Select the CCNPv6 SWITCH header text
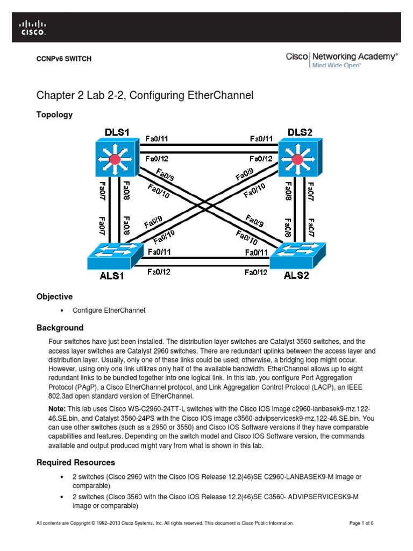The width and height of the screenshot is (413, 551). [63, 59]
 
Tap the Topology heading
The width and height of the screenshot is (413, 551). [54, 115]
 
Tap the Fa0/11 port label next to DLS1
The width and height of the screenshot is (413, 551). [157, 138]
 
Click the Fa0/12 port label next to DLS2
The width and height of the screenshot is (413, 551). [261, 159]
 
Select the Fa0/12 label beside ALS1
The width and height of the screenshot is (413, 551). [159, 272]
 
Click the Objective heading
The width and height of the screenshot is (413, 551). [54, 296]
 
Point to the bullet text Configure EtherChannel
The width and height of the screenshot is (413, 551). [113, 311]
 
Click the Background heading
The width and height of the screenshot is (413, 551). [60, 328]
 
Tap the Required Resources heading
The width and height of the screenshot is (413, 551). [75, 462]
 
